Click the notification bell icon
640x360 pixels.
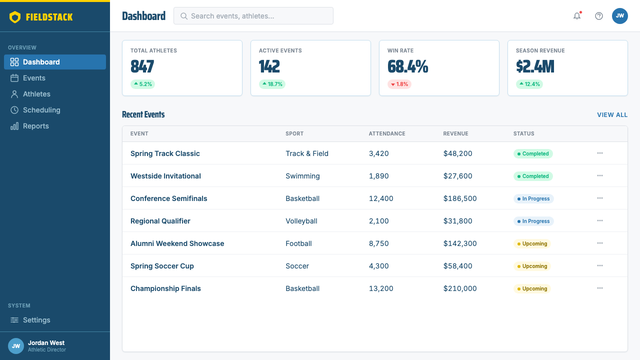[577, 16]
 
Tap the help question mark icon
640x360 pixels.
[599, 16]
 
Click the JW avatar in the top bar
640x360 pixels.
[619, 16]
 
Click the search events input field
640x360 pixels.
[253, 16]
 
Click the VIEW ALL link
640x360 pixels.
[612, 115]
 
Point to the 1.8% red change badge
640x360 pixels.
[399, 84]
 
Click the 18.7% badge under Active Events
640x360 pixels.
[272, 84]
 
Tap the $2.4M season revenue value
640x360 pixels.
[535, 66]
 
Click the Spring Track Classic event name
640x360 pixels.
[165, 153]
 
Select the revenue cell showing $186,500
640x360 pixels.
[460, 198]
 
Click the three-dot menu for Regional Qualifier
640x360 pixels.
[599, 221]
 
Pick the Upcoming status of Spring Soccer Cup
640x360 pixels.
[532, 266]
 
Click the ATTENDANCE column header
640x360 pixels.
[387, 133]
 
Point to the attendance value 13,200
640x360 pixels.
[381, 288]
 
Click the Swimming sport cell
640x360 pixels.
[302, 176]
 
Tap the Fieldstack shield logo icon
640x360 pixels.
[15, 17]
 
